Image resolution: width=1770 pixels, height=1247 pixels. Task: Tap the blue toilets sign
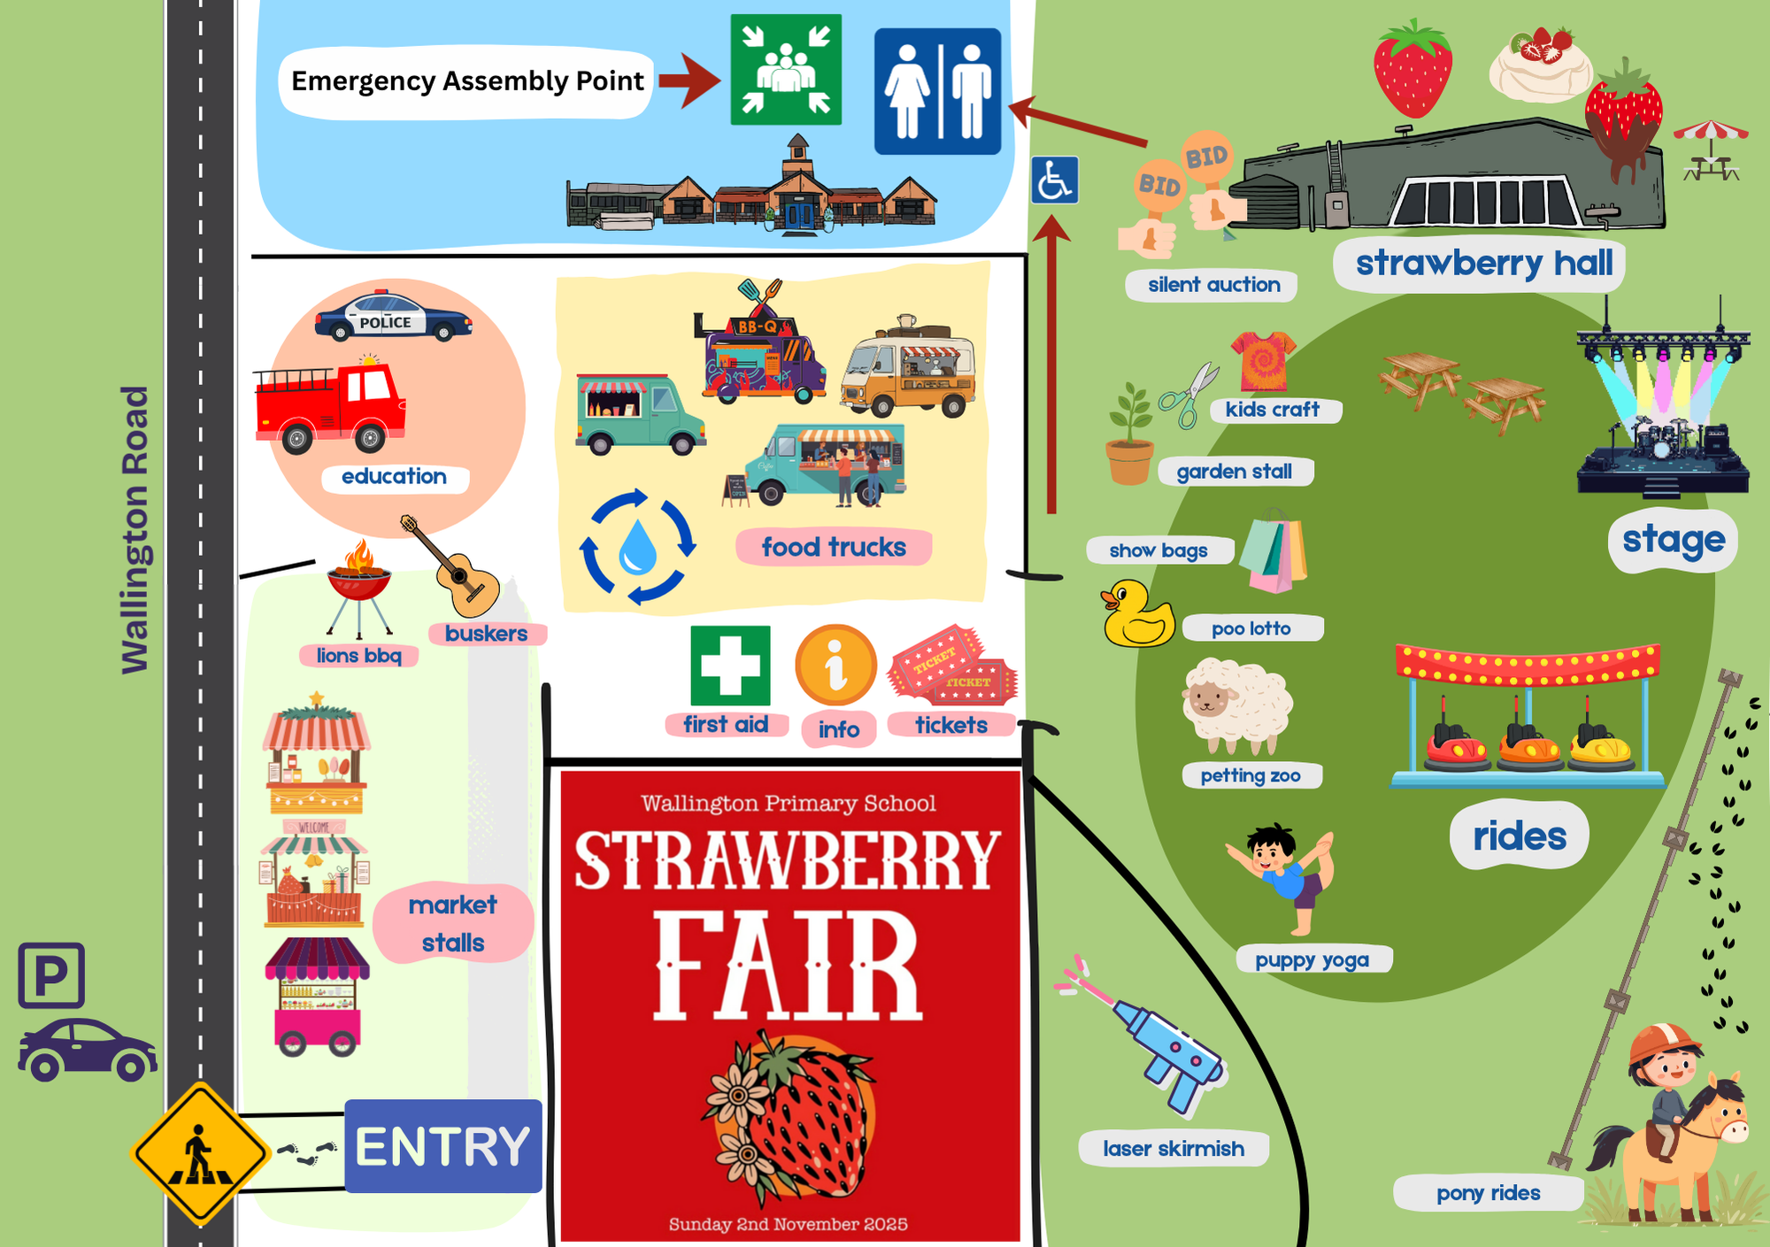click(x=937, y=91)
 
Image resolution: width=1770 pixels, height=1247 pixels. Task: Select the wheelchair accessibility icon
click(x=1054, y=180)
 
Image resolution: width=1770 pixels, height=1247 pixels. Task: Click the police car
click(x=392, y=317)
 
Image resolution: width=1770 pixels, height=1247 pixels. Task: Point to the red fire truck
click(x=329, y=406)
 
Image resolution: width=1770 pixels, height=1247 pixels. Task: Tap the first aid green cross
click(x=730, y=665)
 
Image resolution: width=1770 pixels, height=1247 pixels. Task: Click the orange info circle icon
click(x=835, y=666)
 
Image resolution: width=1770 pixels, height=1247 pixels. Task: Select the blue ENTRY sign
click(x=442, y=1146)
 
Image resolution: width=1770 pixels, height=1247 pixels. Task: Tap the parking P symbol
click(x=51, y=975)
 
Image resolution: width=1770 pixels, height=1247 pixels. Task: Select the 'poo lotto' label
click(x=1251, y=628)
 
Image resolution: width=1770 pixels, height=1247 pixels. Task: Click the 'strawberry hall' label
click(x=1483, y=263)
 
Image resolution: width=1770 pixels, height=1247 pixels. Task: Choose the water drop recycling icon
click(x=637, y=546)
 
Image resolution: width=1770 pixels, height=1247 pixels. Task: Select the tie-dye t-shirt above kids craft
click(x=1263, y=360)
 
